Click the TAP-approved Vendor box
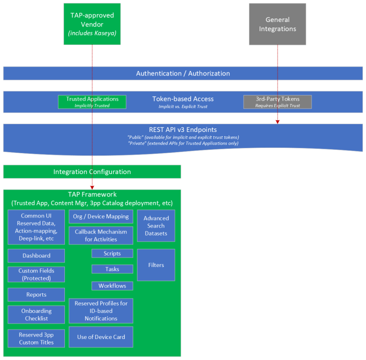pos(92,24)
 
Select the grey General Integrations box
pos(277,24)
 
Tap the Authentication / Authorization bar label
pos(183,73)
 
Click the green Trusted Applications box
pos(92,102)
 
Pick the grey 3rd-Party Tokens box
pos(277,102)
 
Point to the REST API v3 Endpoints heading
pos(183,129)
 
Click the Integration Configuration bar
pos(92,171)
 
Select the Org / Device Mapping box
pos(101,216)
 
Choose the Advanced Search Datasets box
pos(156,226)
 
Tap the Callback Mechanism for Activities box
pos(101,235)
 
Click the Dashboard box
pos(36,255)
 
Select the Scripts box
pos(112,253)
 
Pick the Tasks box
pos(112,269)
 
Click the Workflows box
pos(112,286)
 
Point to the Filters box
pos(156,265)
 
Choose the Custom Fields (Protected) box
pos(36,274)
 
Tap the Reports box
pos(36,294)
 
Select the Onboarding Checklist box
pos(36,314)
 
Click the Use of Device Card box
pos(101,337)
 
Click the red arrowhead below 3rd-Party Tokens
pos(278,120)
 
